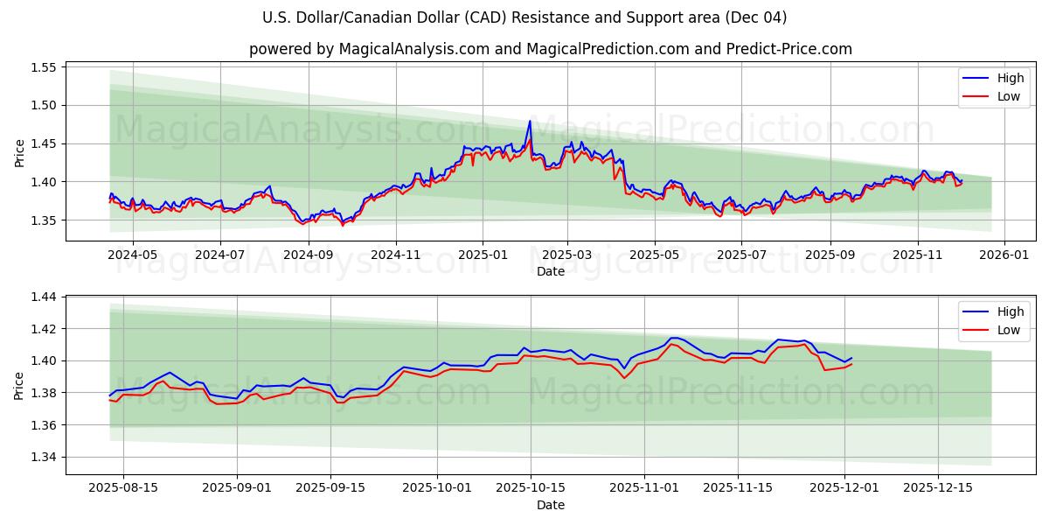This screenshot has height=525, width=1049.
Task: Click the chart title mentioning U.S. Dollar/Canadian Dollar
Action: (x=524, y=17)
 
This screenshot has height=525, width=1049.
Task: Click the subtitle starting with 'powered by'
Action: (x=551, y=49)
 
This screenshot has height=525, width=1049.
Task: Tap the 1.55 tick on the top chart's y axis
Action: (x=43, y=67)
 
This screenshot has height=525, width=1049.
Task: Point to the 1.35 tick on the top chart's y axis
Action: (x=43, y=220)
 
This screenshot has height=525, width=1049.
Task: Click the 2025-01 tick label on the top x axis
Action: (x=482, y=255)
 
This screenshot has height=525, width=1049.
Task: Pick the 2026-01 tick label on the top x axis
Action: (x=1004, y=255)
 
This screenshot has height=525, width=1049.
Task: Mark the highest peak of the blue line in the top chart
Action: (x=530, y=121)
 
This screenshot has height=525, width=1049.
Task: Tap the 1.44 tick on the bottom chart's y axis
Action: (x=43, y=297)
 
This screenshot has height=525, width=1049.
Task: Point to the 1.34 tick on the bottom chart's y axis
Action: (x=43, y=457)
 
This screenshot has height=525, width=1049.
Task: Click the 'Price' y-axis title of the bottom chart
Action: (x=19, y=385)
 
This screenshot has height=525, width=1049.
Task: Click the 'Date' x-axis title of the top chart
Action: (x=551, y=271)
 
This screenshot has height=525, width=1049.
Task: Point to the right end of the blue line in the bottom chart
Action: (x=851, y=357)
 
